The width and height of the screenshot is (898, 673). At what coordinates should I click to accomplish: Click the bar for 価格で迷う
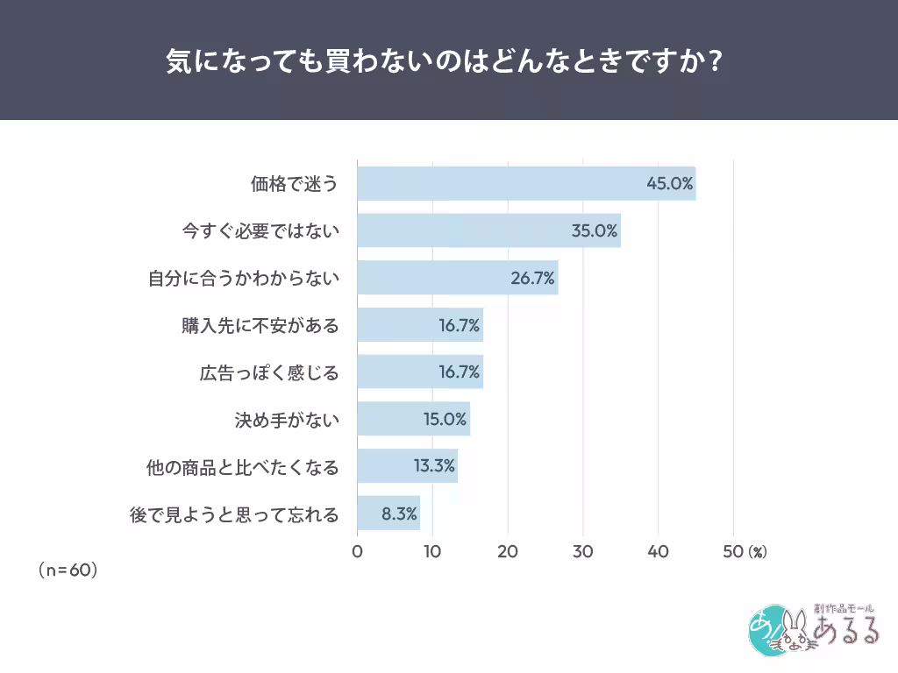526,184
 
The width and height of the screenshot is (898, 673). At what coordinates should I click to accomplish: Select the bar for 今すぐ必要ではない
488,231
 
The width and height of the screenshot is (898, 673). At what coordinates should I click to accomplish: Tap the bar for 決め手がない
413,419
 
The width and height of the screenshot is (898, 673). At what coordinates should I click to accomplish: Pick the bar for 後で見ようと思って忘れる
388,514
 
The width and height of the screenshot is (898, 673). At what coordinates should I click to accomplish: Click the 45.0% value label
670,184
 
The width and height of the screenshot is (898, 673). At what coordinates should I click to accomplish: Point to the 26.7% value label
532,279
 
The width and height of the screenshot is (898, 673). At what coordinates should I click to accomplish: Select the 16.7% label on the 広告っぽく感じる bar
460,372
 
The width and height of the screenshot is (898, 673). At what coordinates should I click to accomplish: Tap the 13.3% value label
434,466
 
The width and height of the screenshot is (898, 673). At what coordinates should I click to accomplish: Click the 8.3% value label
399,514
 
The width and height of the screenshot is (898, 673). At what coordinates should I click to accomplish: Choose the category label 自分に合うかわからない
243,279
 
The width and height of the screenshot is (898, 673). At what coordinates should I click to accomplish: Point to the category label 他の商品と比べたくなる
242,466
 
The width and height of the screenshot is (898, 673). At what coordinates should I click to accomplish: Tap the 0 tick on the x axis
357,551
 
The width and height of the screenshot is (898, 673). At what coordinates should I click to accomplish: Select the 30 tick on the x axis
582,551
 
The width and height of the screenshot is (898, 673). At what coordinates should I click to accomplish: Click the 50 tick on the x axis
732,551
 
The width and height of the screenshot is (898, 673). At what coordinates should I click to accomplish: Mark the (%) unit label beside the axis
758,552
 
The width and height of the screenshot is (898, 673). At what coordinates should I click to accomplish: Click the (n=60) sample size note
68,570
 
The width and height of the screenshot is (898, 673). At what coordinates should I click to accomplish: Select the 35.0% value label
595,231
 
